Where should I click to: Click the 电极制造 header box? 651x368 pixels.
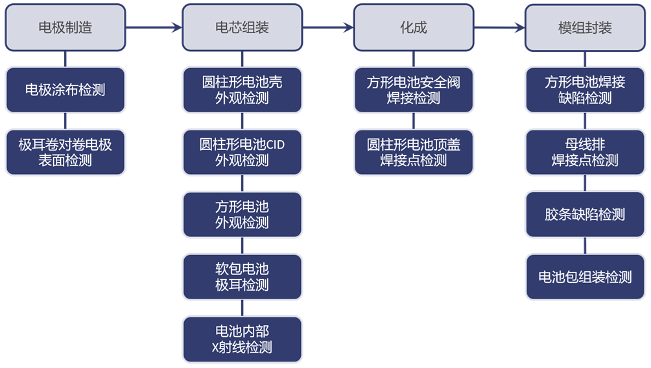point(65,28)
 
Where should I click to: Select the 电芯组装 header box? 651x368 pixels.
point(242,28)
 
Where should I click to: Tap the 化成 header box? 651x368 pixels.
point(414,28)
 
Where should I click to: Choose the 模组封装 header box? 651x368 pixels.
point(585,28)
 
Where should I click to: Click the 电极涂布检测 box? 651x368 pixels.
point(65,90)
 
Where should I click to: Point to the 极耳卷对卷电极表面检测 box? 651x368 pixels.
point(65,153)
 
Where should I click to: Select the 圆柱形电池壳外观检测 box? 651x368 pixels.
point(242,90)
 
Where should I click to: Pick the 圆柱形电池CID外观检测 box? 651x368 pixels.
point(242,153)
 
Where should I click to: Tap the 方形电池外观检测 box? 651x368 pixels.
point(242,214)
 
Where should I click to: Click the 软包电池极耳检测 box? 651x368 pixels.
point(242,276)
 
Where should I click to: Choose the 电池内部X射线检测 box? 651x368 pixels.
point(242,339)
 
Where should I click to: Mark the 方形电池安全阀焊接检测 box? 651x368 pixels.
point(414,90)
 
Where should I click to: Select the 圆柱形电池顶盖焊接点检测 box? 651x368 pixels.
point(414,153)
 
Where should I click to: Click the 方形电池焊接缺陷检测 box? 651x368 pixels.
point(585,90)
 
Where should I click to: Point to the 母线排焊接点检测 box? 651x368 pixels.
point(585,153)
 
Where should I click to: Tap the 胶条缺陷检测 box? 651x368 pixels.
point(585,214)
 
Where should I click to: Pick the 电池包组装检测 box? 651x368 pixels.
point(585,276)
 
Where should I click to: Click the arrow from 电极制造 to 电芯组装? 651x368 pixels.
point(154,28)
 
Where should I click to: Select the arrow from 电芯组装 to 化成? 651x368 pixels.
point(328,28)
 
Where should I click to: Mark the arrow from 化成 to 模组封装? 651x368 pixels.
point(499,28)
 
